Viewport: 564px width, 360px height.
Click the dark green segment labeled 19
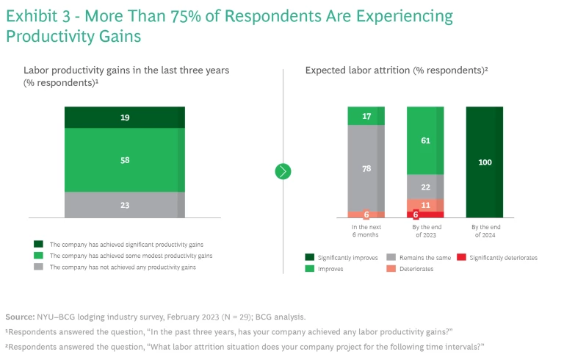125,118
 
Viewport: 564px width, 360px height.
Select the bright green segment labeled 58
125,159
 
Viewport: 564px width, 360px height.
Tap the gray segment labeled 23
125,205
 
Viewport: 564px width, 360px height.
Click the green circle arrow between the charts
283,171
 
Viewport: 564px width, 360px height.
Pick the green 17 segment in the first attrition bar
366,115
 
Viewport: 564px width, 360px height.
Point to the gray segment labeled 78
366,168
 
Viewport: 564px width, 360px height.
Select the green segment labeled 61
425,140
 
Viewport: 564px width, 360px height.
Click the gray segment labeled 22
425,187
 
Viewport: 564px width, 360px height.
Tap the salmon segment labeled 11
425,206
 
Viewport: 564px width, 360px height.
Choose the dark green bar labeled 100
485,162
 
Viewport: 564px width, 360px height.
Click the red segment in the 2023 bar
420,215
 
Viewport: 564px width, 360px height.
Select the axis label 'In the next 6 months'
366,232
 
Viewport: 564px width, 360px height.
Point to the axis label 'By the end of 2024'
485,232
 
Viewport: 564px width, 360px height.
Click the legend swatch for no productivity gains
38,267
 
